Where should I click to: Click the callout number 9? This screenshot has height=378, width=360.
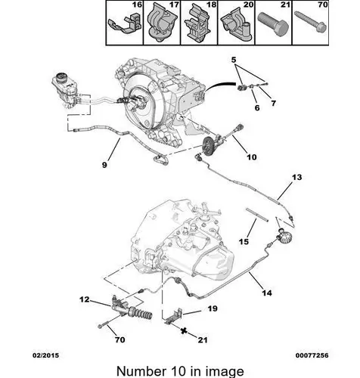(104, 165)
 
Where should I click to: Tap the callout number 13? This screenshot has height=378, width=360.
(296, 177)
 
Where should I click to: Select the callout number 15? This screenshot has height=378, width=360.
(244, 242)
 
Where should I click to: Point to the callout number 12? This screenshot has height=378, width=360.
(85, 299)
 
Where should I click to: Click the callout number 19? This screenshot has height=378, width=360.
(213, 308)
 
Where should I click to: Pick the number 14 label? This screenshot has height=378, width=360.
(267, 293)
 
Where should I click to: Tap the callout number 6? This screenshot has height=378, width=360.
(257, 108)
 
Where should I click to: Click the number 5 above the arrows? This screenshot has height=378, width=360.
(234, 60)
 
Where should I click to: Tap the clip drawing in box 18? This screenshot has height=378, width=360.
(198, 25)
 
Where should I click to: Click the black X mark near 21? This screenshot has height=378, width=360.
(185, 330)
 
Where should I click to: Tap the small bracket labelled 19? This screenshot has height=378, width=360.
(174, 317)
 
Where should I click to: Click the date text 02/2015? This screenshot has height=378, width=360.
(45, 355)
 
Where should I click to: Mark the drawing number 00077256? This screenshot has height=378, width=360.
(312, 355)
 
